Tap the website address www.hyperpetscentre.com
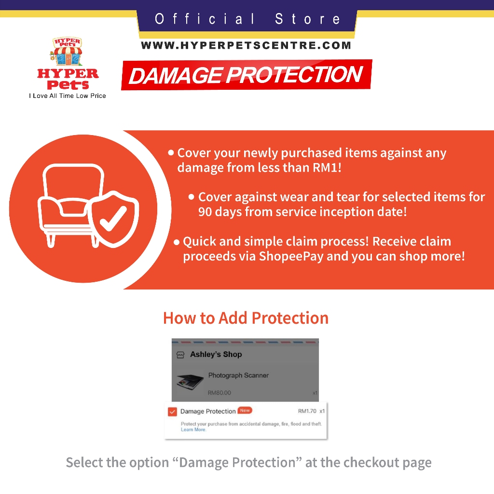(x=246, y=45)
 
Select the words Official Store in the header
(x=247, y=19)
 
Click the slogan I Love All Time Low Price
(x=68, y=96)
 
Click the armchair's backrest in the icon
(x=73, y=183)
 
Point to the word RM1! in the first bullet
(x=327, y=167)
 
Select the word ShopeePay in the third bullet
(x=291, y=257)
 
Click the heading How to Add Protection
(x=246, y=318)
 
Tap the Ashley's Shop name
(x=216, y=355)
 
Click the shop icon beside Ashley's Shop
(x=180, y=355)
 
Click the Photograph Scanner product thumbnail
(x=190, y=382)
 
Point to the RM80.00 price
(x=220, y=393)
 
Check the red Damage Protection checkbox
(x=172, y=412)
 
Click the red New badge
(x=245, y=410)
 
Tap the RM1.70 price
(x=307, y=411)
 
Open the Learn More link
(x=193, y=429)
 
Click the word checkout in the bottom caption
(x=371, y=463)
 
